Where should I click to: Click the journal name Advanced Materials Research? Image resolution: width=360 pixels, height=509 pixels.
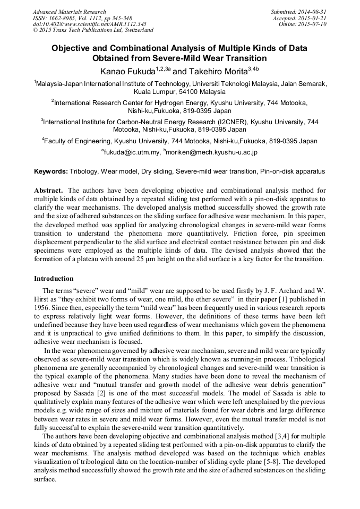(x=69, y=12)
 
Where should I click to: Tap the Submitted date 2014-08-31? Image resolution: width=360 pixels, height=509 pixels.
(x=314, y=12)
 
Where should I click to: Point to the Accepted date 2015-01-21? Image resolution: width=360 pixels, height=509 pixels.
(x=314, y=18)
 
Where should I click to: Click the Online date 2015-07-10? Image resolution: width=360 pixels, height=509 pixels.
(x=314, y=24)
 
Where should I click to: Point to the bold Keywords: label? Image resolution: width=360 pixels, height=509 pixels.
(x=51, y=172)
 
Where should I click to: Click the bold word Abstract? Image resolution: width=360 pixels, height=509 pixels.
(x=48, y=190)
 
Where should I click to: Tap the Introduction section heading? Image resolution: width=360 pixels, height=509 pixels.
(x=54, y=278)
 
